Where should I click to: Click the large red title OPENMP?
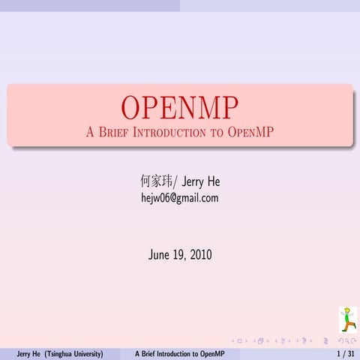click(x=180, y=109)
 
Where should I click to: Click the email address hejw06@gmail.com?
click(x=180, y=198)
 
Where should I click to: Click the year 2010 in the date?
click(x=200, y=255)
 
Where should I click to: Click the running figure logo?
click(x=347, y=319)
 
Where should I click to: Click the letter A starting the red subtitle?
click(x=90, y=133)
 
